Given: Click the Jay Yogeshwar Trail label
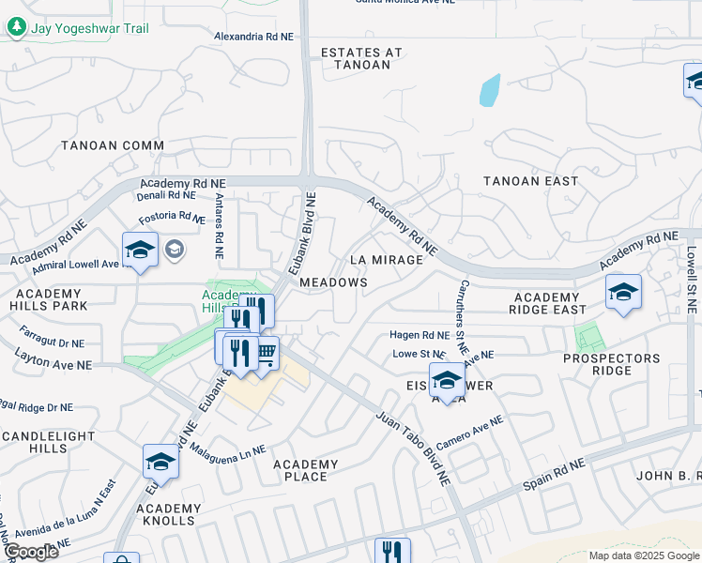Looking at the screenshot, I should coord(90,28).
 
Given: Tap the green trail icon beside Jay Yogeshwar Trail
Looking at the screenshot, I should coord(17,27).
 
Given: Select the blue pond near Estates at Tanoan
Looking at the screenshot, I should coord(489,90).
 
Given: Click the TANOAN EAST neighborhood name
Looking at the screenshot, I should coord(530,180).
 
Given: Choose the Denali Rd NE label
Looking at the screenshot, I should coord(167,196).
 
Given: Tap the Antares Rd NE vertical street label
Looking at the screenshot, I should coord(218,226).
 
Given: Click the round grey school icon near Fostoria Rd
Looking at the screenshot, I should coord(174,250).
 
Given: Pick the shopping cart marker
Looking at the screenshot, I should coord(266,353).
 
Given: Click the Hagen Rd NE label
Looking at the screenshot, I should coord(420,335).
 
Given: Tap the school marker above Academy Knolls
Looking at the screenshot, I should coord(160,462).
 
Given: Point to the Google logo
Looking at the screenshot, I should coord(31,552).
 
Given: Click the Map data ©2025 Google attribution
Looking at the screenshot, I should coord(644,555).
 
